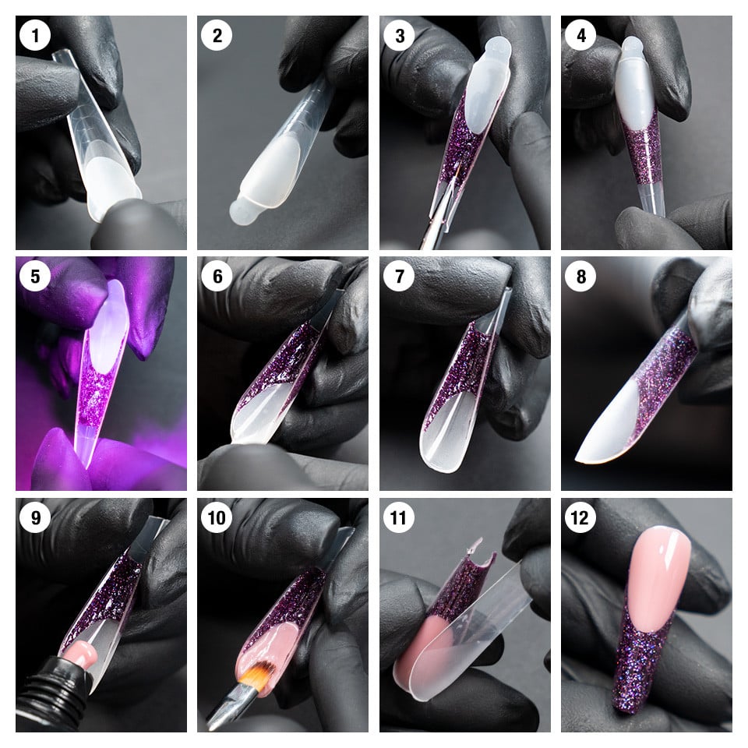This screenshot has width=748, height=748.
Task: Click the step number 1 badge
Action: pos(34,36)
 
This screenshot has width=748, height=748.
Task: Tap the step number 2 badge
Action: pos(215,36)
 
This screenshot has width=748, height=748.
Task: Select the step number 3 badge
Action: pos(397,36)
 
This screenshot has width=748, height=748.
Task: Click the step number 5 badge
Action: pos(34,277)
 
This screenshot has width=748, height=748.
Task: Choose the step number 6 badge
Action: pos(215,277)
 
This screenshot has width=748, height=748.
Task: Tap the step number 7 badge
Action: pos(397,277)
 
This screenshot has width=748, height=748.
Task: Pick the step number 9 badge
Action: pos(34,519)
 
